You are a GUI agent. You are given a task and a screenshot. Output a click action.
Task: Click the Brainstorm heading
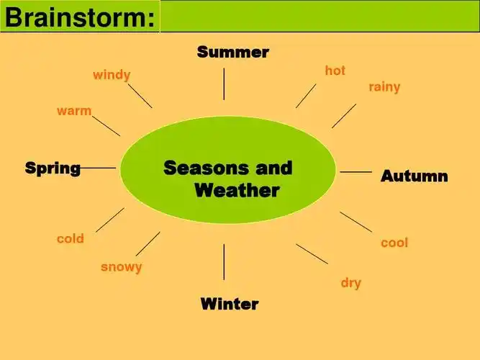79,17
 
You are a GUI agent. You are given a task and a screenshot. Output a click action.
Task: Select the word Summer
232,52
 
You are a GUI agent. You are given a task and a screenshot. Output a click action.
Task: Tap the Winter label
229,304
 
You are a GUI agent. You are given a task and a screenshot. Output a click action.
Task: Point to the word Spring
53,168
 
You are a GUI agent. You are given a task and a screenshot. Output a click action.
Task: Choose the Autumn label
414,176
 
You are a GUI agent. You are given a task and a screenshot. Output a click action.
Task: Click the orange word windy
112,75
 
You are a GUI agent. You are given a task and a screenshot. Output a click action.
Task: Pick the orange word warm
74,111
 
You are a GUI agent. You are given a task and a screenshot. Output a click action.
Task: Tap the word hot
335,71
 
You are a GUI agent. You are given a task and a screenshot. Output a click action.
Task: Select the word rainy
384,87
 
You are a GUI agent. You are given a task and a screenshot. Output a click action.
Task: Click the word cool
394,243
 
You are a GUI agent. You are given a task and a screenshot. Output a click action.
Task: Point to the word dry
350,283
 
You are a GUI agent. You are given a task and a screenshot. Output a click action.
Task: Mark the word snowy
121,267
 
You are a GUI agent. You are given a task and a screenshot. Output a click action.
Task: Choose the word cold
71,238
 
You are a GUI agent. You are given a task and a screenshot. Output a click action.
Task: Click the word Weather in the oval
237,191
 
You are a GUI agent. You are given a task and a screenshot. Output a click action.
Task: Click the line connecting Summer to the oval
224,84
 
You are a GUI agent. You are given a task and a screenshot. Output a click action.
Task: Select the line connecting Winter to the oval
224,261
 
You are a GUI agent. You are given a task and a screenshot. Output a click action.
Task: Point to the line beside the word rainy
344,115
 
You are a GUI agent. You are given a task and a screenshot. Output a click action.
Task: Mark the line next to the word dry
312,253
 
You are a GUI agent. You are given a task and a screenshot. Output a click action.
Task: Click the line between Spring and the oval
98,168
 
